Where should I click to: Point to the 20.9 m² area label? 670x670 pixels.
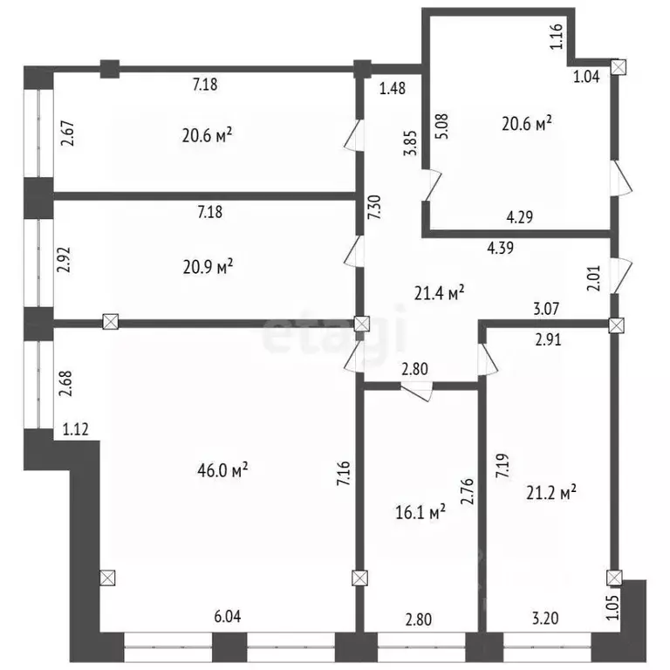207,266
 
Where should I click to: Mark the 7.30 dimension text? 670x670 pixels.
372,210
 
